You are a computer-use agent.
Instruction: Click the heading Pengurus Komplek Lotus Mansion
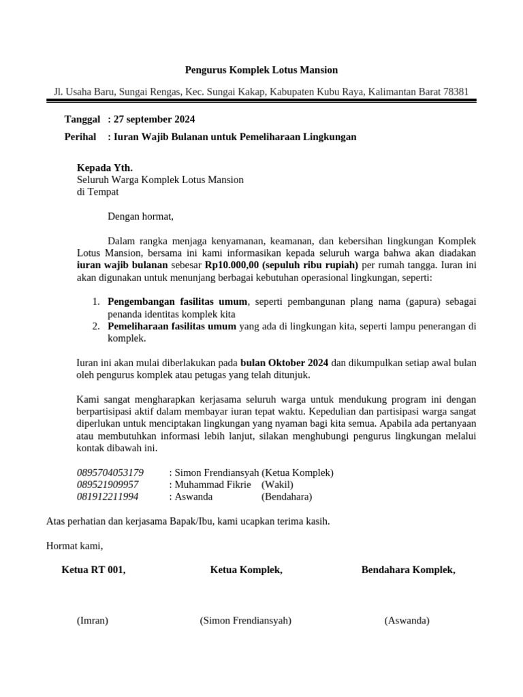tap(261, 70)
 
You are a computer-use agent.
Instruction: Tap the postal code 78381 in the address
tap(455, 91)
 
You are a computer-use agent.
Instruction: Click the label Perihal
tap(80, 137)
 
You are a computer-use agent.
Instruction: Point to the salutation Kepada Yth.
tap(105, 167)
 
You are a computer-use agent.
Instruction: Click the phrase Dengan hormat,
tap(141, 216)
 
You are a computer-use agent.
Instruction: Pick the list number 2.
tap(96, 326)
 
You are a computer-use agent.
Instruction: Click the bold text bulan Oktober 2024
tap(284, 363)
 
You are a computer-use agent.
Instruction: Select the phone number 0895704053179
tap(110, 472)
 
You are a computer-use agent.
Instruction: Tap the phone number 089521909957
tap(108, 485)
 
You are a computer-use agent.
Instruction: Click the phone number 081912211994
tap(108, 497)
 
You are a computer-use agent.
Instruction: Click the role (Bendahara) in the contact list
tap(287, 497)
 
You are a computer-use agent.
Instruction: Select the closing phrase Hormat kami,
tap(74, 546)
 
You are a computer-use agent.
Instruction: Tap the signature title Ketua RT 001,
tap(94, 570)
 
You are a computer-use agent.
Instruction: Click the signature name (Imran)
tap(93, 621)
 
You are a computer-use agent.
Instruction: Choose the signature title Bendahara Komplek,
tap(408, 570)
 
